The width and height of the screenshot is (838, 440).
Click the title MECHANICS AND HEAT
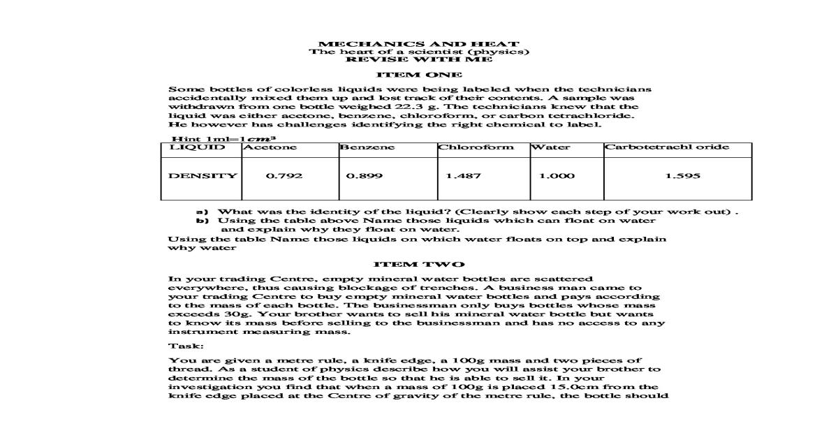click(419, 44)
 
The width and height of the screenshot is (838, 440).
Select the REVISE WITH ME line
click(419, 60)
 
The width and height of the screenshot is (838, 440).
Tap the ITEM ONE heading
click(419, 75)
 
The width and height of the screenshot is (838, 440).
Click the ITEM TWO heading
click(419, 264)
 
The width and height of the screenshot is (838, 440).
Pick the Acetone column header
click(270, 147)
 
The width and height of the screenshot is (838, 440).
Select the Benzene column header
click(367, 147)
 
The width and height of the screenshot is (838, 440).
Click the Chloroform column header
click(476, 147)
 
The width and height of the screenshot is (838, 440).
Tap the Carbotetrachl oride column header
click(667, 147)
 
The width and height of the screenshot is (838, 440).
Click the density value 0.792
click(285, 176)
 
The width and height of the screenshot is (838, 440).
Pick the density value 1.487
click(463, 176)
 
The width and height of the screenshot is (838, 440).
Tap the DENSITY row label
click(203, 176)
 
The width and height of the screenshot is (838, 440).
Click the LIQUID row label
click(197, 147)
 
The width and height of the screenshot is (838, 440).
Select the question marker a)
click(203, 211)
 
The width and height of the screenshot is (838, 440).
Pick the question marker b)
click(203, 220)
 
